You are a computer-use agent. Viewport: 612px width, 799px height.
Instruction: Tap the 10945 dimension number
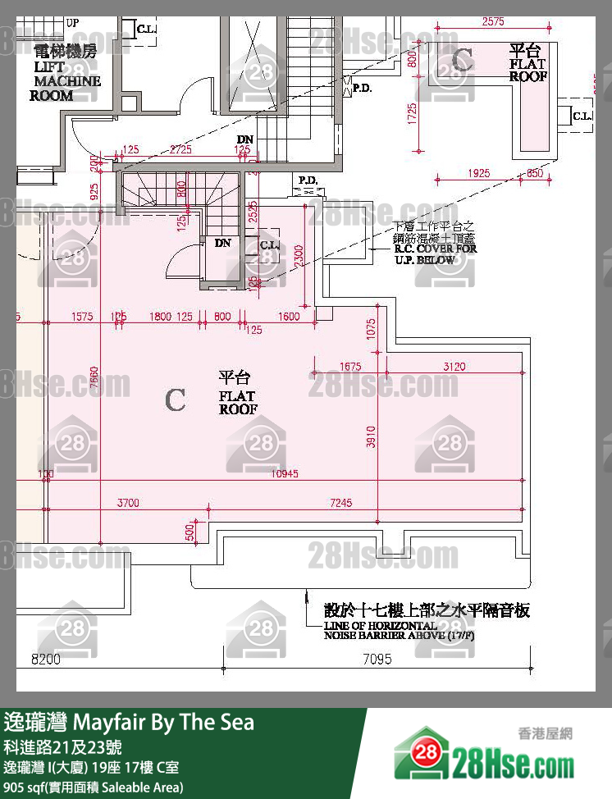click(286, 473)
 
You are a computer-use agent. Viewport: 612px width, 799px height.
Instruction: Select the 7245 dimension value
click(340, 501)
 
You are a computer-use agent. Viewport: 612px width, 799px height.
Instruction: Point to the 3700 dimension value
click(129, 501)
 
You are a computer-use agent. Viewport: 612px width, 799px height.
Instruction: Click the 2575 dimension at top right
click(494, 22)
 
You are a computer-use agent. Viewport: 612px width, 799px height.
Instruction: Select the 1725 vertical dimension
click(413, 112)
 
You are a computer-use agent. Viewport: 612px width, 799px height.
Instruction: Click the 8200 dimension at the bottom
click(46, 658)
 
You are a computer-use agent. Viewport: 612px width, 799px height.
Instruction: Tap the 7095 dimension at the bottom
click(377, 658)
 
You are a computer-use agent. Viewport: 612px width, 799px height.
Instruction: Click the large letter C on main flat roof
click(175, 399)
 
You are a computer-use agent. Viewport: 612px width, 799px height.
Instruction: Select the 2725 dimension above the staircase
click(180, 149)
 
